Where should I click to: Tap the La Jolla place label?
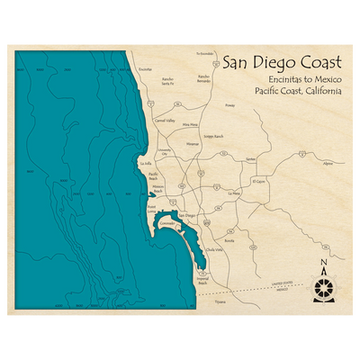(x=147, y=164)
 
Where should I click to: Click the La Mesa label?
(x=236, y=193)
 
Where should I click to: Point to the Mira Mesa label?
(x=190, y=124)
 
